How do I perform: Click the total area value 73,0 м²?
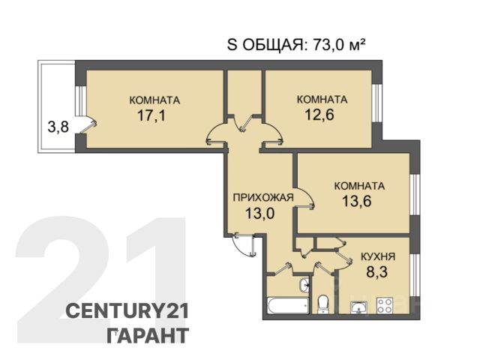point(339,46)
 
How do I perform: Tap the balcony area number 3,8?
point(58,127)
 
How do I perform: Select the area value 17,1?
point(151,115)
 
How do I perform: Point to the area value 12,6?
point(319,115)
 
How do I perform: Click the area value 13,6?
point(357,201)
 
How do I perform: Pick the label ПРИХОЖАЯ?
point(263,197)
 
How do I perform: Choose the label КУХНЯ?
point(378,256)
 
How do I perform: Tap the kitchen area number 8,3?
point(377,271)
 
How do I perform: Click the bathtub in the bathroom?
point(288,305)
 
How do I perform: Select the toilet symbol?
point(323,304)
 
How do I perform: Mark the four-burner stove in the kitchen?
point(385,305)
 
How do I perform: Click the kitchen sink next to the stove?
point(358,307)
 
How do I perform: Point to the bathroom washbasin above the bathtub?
point(304,286)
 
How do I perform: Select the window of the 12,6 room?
point(376,103)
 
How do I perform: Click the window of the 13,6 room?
point(415,194)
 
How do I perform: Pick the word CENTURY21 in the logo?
point(127,312)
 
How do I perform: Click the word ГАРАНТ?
point(148,335)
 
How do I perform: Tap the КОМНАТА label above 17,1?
point(154,100)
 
